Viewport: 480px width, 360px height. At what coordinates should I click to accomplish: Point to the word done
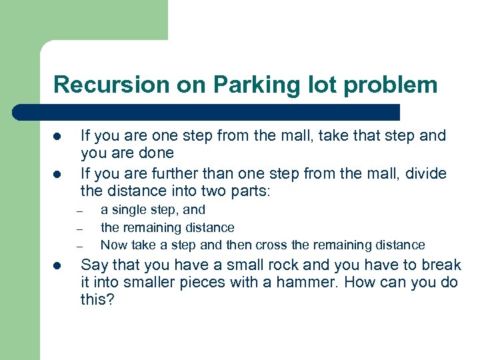(157, 153)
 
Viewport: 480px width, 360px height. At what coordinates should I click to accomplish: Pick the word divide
(425, 174)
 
